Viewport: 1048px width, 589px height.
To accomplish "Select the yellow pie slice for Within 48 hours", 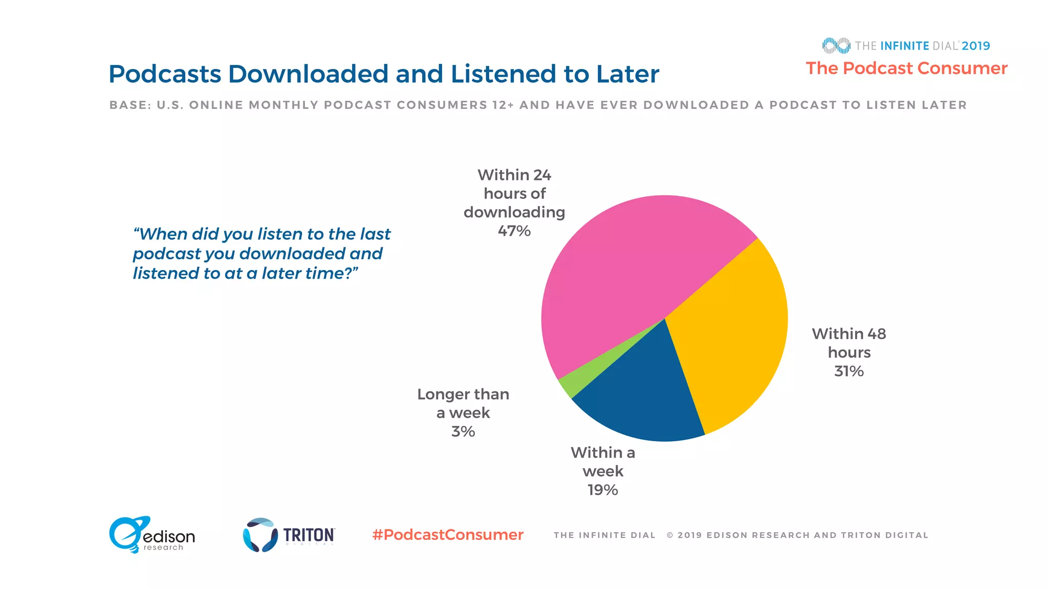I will [732, 337].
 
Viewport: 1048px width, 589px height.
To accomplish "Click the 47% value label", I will [514, 231].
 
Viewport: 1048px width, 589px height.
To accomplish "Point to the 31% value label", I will [849, 371].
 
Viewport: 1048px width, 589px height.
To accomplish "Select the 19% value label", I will [603, 490].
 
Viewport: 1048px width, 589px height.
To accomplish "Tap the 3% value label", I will [463, 432].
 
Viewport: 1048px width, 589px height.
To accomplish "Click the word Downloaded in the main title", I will [309, 74].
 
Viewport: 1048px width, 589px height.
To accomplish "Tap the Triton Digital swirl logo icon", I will [259, 535].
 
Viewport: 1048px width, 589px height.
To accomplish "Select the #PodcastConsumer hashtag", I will [448, 535].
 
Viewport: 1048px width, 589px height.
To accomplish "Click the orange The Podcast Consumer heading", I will [906, 69].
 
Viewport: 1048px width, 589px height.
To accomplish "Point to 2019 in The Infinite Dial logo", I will [976, 46].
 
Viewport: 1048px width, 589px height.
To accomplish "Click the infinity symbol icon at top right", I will [836, 46].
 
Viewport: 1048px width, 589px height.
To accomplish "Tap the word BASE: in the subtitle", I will [130, 105].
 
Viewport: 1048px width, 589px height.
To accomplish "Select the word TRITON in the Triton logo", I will [309, 535].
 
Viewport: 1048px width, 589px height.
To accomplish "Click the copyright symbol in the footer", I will [670, 535].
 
